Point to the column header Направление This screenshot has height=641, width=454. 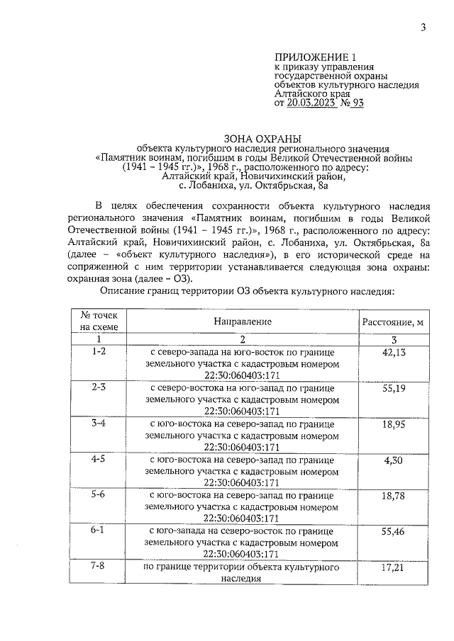242,322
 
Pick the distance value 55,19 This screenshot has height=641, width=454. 392,390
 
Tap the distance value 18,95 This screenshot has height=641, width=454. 392,425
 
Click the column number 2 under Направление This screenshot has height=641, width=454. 242,340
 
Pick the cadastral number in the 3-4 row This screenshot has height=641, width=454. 242,447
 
